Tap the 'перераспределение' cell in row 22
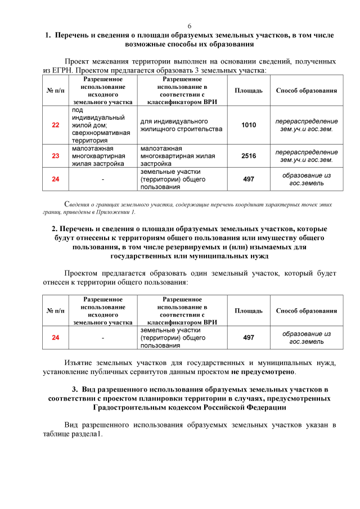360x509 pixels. (307, 125)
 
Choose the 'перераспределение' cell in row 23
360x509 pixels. (307, 156)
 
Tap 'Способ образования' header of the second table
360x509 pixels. (307, 310)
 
